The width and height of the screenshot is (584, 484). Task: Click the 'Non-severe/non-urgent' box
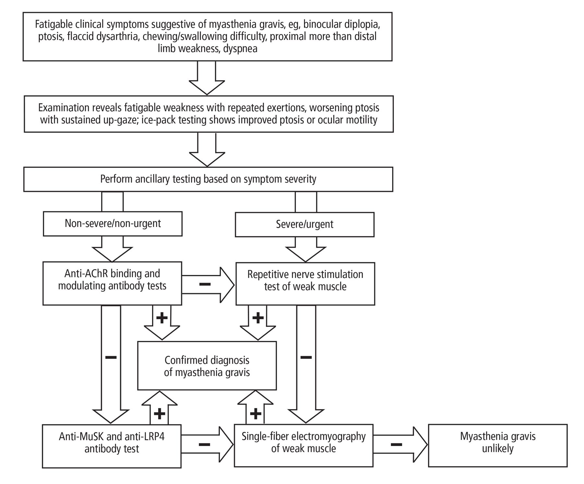coord(113,224)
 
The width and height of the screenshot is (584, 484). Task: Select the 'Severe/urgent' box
coord(304,224)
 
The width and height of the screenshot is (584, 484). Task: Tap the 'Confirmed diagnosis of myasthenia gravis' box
coord(207,366)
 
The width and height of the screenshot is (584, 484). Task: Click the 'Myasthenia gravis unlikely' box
coord(498,445)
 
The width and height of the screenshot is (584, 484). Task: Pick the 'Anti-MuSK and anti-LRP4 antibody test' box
coord(112,446)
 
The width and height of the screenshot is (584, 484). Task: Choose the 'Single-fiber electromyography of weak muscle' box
coord(304,445)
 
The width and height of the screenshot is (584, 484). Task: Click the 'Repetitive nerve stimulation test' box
coord(305,284)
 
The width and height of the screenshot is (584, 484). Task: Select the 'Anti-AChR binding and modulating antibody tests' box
coord(112,283)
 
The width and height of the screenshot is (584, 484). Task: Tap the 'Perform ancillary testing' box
coord(208,179)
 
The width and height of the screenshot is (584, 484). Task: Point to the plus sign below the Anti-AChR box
coord(162,318)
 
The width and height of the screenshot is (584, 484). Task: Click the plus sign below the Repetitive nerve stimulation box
coord(258,318)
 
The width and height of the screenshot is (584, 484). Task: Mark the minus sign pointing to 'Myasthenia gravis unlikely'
coord(396,444)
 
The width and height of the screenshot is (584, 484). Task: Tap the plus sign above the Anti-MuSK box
coord(159,413)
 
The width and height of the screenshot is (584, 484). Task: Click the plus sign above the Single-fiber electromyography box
coord(256,413)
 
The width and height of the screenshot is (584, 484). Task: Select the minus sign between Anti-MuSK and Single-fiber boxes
coord(204,444)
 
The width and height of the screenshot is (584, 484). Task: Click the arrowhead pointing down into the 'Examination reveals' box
coord(207,87)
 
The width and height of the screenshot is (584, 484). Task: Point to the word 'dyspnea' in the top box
coord(240,49)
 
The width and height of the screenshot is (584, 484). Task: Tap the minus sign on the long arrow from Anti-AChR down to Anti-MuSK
coord(111,357)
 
